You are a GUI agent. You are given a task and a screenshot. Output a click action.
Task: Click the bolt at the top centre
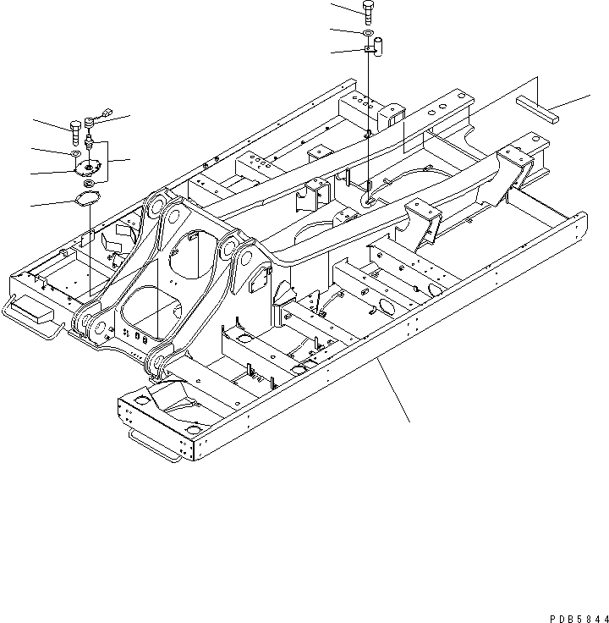[x=369, y=11]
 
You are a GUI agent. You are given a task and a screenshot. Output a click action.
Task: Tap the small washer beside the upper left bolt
[x=76, y=153]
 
